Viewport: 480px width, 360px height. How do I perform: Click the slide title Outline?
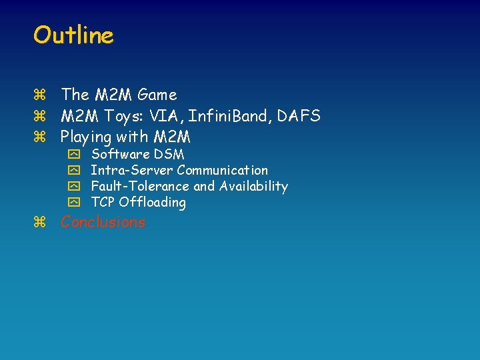[x=73, y=35]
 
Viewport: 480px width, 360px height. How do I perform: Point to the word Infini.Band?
[x=229, y=117]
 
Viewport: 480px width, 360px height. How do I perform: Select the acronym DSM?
[x=169, y=155]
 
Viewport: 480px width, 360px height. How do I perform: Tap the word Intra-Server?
[x=131, y=171]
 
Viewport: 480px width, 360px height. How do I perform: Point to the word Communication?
[x=222, y=171]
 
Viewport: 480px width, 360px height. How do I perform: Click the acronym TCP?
[x=103, y=203]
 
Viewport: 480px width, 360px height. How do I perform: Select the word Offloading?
[x=153, y=203]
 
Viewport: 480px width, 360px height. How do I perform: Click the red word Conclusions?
[x=103, y=223]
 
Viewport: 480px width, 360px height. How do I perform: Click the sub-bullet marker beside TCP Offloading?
[x=73, y=203]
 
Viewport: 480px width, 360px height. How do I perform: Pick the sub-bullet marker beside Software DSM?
[x=73, y=155]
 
